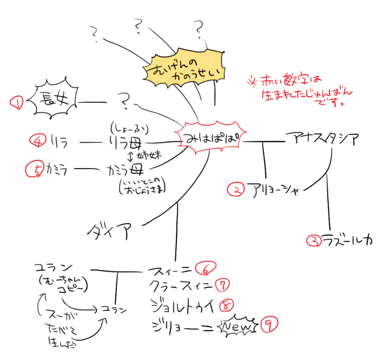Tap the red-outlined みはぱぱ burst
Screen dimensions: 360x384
pos(211,137)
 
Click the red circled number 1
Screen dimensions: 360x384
pos(16,103)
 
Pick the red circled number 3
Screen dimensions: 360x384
pos(313,241)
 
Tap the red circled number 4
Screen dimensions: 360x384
pos(37,142)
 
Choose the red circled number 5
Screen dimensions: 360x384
pos(37,170)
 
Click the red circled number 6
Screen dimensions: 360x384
pos(205,267)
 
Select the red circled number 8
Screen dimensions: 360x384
pos(226,304)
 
